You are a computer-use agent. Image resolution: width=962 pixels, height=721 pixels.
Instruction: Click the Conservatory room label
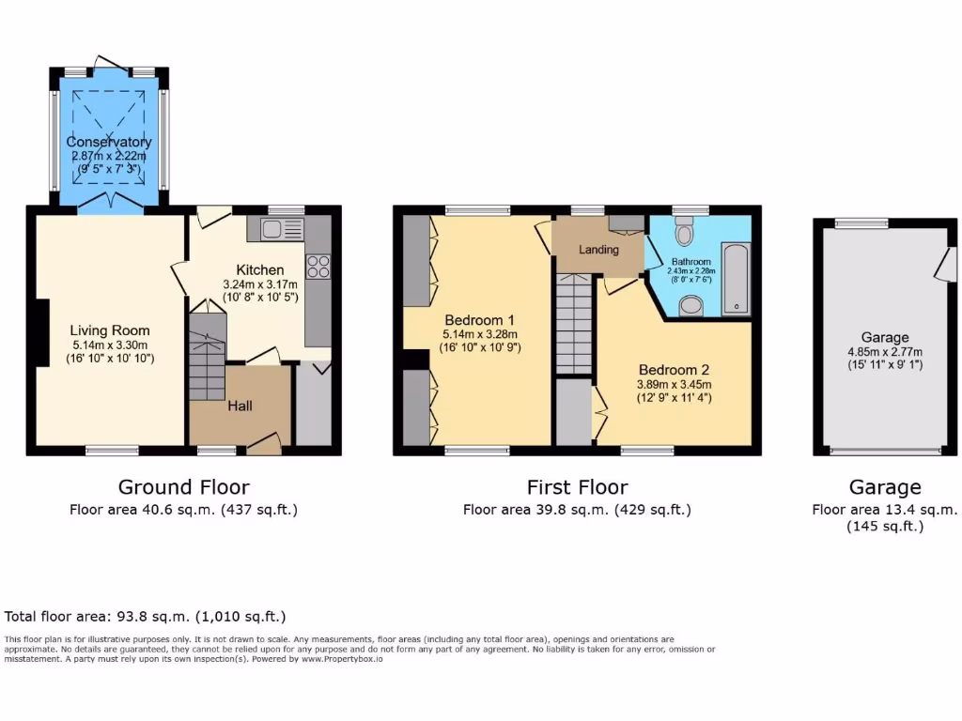tap(109, 142)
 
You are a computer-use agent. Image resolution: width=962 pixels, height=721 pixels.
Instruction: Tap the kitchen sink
tap(272, 228)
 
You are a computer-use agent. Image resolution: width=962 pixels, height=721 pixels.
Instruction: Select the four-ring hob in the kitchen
tap(318, 266)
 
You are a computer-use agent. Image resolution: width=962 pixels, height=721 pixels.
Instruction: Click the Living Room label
tap(110, 330)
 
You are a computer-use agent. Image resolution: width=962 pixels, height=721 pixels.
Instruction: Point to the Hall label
tap(240, 406)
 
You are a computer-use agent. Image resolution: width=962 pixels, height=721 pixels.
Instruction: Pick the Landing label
tap(598, 250)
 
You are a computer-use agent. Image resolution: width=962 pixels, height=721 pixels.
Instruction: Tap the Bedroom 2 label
tap(674, 369)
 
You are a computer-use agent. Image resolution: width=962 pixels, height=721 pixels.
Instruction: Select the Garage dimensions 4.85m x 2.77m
tap(885, 352)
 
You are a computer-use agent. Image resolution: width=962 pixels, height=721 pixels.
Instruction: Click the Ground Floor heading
tap(183, 486)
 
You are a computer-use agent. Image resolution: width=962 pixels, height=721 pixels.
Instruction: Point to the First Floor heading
tap(577, 486)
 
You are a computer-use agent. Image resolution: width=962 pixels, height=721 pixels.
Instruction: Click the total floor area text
tap(146, 617)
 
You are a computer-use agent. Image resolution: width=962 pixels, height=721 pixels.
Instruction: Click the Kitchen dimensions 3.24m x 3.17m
tap(259, 284)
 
